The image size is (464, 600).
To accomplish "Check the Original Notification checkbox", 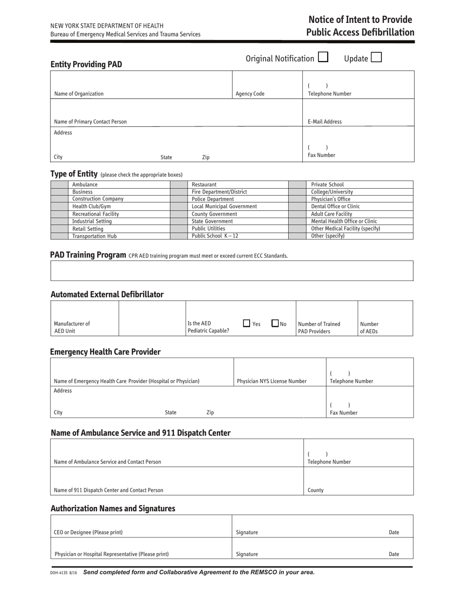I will [x=323, y=57].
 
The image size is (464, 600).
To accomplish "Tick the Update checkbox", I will [x=376, y=58].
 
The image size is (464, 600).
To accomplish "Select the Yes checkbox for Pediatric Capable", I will [x=247, y=323].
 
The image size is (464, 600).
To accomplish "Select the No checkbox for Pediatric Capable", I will [x=275, y=323].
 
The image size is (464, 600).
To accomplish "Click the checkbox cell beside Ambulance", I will [x=59, y=184].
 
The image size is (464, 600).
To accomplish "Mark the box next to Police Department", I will [x=179, y=199].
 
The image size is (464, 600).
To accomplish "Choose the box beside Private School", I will [x=297, y=184].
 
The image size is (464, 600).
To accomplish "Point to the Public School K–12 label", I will [x=215, y=236].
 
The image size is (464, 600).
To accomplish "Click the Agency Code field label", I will [x=250, y=94].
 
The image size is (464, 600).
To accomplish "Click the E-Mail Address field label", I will [x=324, y=122].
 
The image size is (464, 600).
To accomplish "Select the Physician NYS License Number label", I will [x=272, y=381].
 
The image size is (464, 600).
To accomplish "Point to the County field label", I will [x=316, y=490].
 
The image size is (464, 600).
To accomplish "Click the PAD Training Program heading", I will [x=88, y=255].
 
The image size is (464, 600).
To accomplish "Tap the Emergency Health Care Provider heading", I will [x=105, y=352].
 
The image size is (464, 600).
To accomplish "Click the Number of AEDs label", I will [x=369, y=328].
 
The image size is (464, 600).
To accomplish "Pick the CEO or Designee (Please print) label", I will [x=88, y=532].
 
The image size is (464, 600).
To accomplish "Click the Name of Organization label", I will [x=79, y=94].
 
